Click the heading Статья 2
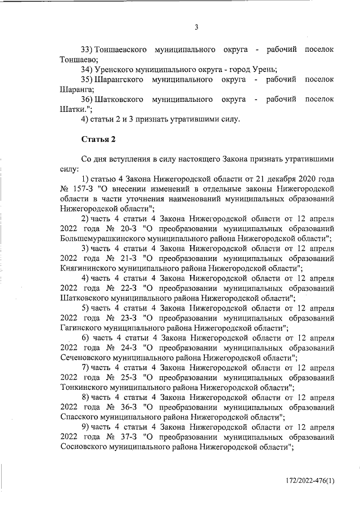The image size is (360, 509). click(x=98, y=138)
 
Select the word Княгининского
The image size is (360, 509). click(x=88, y=269)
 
